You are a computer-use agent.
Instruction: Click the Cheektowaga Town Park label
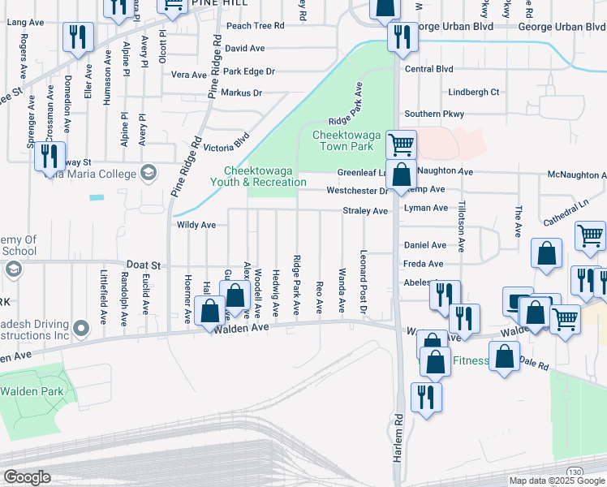[x=343, y=140]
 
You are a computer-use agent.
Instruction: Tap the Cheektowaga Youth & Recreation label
[x=265, y=176]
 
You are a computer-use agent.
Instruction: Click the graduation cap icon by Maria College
[x=148, y=171]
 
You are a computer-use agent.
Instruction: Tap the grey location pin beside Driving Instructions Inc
[x=80, y=328]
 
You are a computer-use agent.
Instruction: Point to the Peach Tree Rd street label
[x=255, y=26]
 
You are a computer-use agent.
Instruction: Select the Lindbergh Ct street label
[x=473, y=93]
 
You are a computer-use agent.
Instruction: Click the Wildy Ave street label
[x=196, y=225]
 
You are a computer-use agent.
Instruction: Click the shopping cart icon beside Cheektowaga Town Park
[x=401, y=145]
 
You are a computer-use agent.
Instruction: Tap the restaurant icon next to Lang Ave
[x=78, y=37]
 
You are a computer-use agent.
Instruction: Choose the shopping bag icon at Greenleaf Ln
[x=401, y=175]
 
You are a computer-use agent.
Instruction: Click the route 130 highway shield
[x=575, y=472]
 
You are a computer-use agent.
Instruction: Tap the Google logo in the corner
[x=27, y=477]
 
